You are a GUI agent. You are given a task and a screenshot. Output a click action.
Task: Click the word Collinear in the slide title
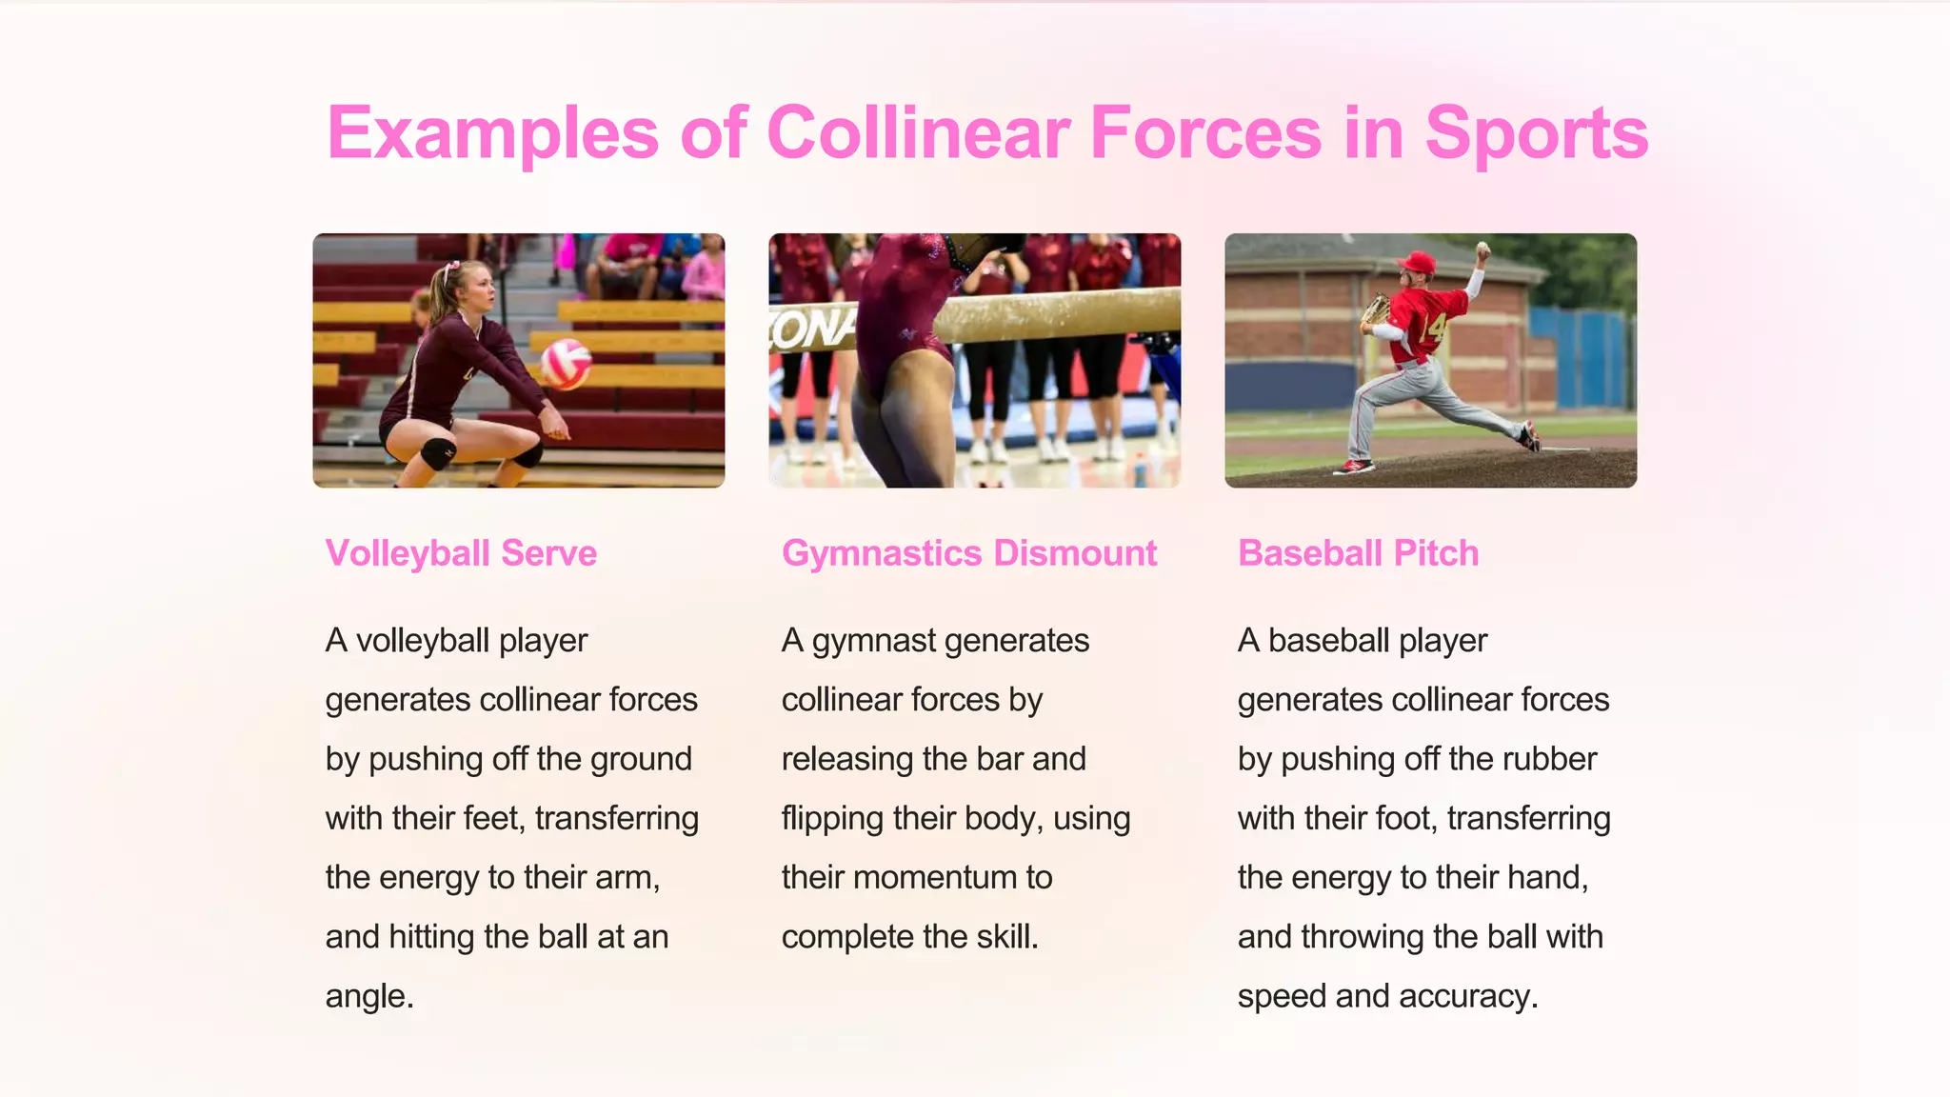tap(918, 132)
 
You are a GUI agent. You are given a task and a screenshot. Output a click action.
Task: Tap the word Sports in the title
tap(1536, 132)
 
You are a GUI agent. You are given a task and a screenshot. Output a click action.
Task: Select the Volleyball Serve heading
tap(461, 553)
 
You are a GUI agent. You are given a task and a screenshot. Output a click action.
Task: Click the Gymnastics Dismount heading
tap(969, 553)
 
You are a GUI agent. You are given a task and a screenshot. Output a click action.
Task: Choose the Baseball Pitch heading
tap(1358, 553)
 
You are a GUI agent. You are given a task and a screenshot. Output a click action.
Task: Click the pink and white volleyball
tap(566, 363)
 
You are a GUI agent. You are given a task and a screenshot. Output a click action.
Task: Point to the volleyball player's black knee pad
tap(437, 453)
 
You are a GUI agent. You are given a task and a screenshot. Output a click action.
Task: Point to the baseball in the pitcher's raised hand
tap(1482, 249)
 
